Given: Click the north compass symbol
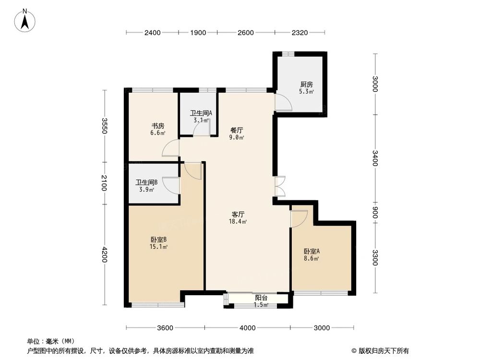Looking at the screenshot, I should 27,20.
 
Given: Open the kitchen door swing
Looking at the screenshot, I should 282,101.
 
